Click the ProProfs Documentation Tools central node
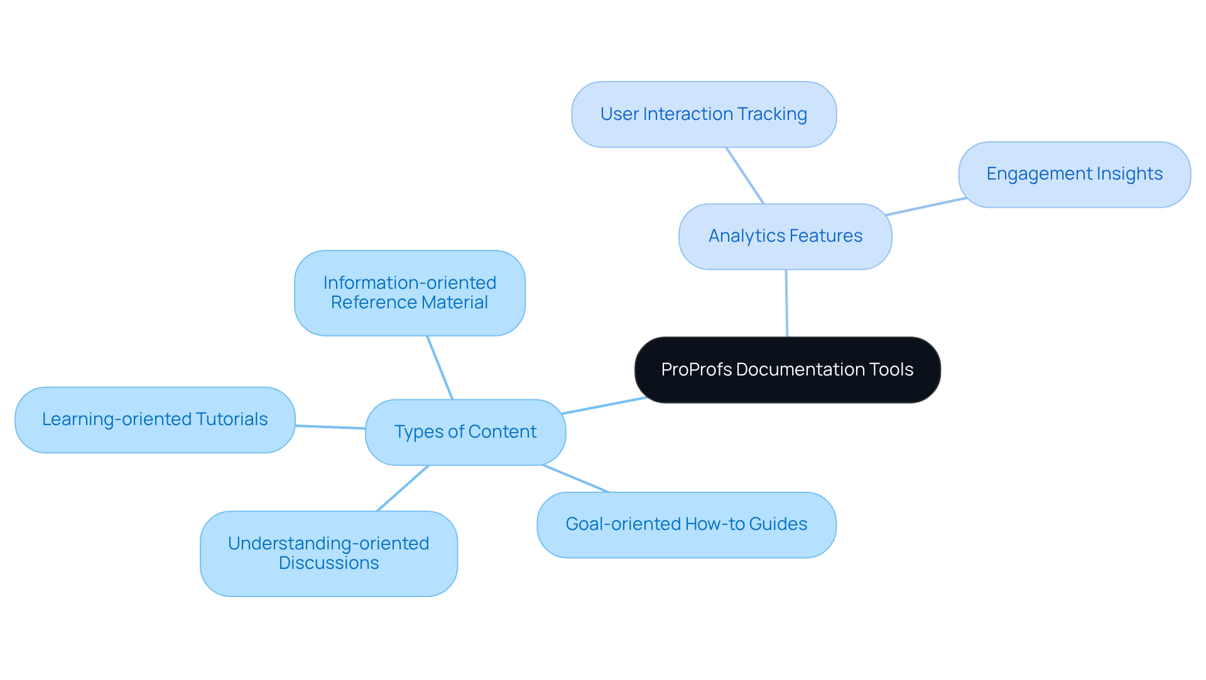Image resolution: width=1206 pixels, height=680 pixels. tap(787, 370)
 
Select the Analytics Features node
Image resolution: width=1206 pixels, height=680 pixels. tap(785, 236)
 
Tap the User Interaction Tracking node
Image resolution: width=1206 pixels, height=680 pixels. tap(703, 114)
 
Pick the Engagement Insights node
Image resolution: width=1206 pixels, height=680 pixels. tap(1074, 174)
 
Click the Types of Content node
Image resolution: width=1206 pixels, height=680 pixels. tap(465, 432)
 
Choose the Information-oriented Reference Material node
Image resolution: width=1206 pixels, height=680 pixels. tap(410, 293)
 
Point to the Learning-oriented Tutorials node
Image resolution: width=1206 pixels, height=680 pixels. tap(155, 419)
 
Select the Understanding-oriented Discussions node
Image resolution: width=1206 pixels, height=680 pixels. tap(329, 553)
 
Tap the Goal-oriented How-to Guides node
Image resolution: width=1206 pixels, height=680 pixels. tap(686, 524)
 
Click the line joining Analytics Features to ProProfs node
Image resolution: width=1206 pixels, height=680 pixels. tap(786, 303)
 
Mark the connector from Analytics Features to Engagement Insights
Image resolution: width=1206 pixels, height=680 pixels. tap(926, 207)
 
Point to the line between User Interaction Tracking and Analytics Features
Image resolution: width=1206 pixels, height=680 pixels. tap(745, 175)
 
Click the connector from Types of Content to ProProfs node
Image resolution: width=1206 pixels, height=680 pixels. tap(604, 406)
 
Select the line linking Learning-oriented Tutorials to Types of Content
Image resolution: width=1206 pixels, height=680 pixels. tap(330, 427)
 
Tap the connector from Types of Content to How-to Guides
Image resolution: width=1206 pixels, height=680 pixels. tap(575, 478)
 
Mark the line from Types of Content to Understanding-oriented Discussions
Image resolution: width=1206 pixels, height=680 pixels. tap(403, 488)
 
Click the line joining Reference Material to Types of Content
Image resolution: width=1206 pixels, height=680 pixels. tap(440, 367)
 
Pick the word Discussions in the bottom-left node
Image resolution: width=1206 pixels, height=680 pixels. tap(329, 563)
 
